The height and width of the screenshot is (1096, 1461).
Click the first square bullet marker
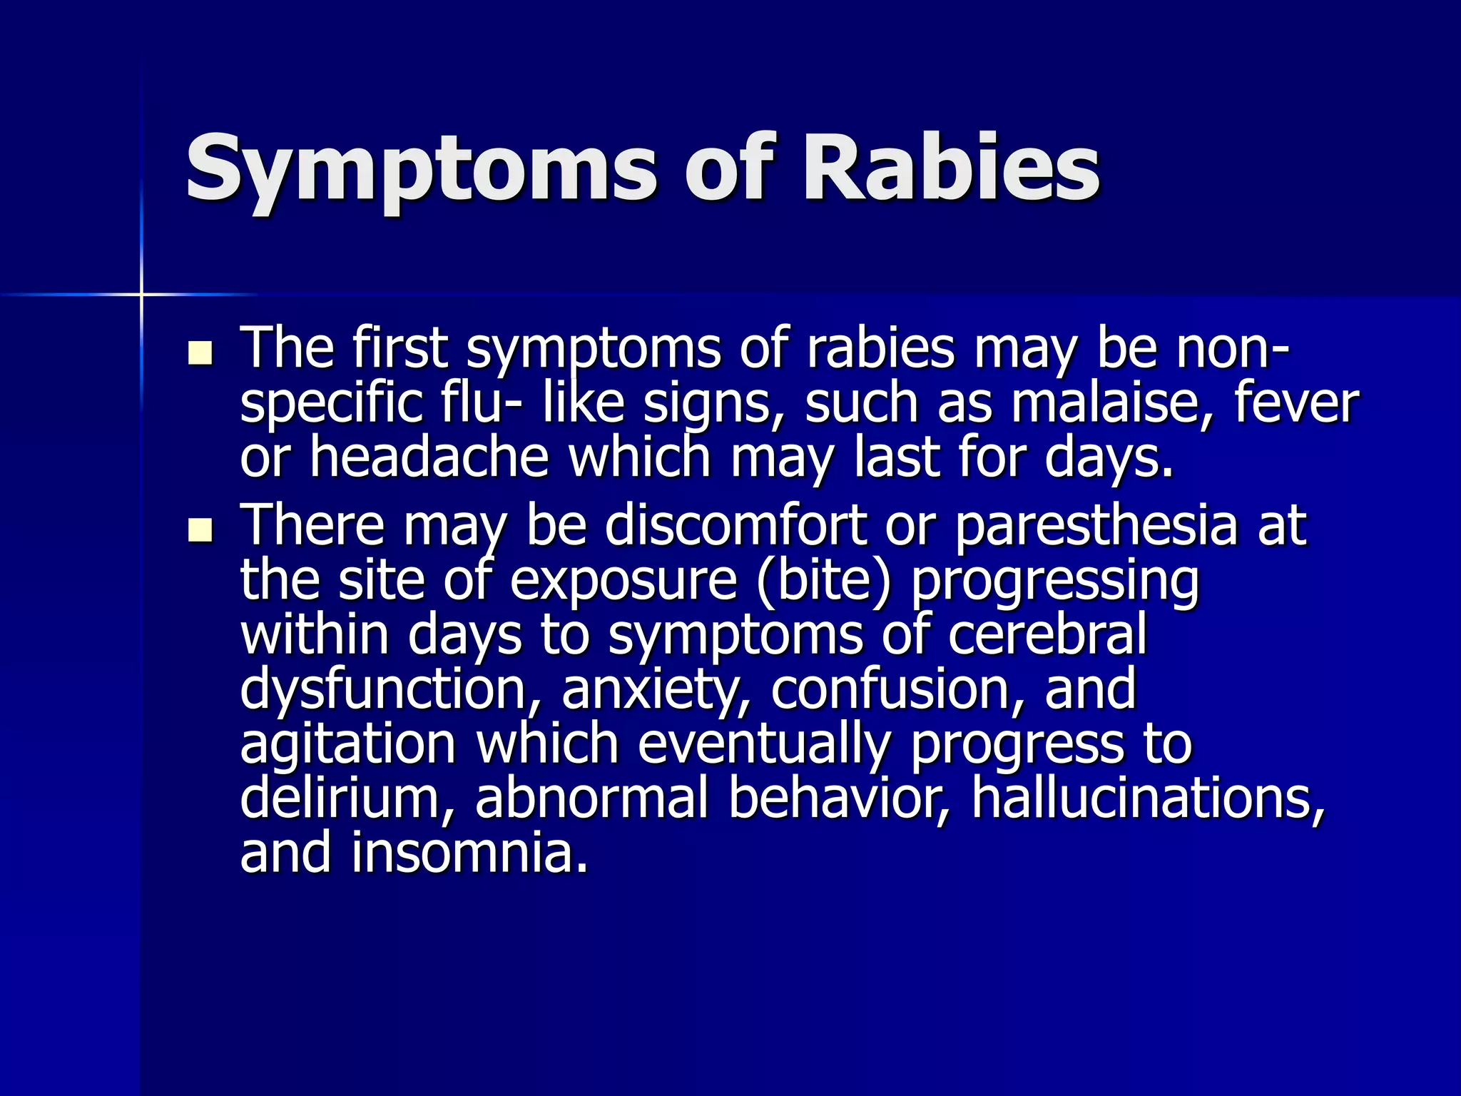click(200, 353)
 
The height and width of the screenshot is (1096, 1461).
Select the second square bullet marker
click(200, 530)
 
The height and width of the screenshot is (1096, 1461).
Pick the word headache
click(429, 458)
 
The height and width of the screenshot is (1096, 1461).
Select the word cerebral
click(1047, 635)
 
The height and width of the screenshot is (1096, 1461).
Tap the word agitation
click(347, 744)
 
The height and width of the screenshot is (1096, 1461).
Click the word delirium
click(347, 798)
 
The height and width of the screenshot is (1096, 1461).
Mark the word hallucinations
click(1148, 798)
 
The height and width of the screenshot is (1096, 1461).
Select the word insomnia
click(470, 853)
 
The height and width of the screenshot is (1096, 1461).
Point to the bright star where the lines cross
click(141, 294)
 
